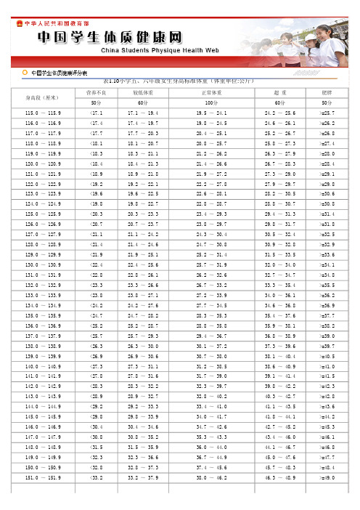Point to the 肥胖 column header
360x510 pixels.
pyautogui.click(x=327, y=93)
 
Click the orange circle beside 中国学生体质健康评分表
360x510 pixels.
pyautogui.click(x=25, y=73)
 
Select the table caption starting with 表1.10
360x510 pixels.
pyautogui.click(x=179, y=80)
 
